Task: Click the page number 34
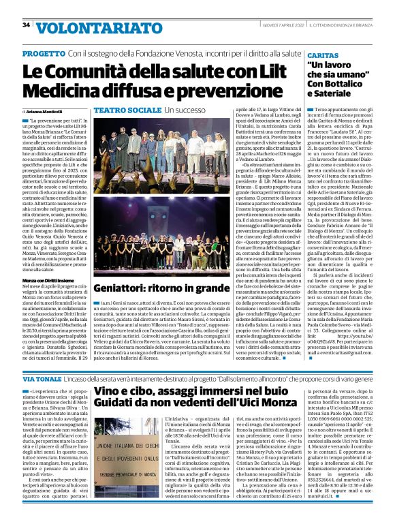27,25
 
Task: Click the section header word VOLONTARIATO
80,27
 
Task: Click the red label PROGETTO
42,52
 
